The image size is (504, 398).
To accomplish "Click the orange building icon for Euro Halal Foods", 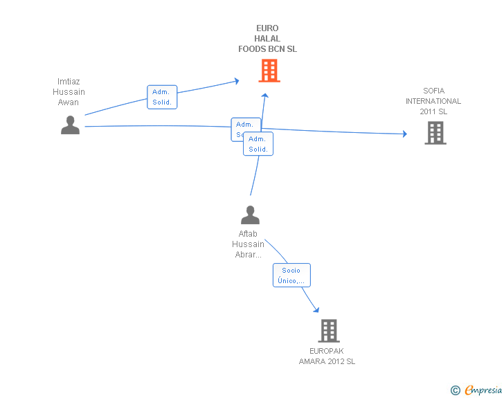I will point(269,71).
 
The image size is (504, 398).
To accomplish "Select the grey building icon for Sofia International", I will point(435,132).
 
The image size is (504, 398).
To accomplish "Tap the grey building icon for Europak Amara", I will point(329,331).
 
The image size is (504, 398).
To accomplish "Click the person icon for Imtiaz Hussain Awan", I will point(70,125).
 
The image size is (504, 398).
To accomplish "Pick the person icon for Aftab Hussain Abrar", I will point(250,215).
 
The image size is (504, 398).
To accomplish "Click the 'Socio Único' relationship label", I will point(291,275).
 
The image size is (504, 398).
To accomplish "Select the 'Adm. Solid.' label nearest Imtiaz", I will point(163,97).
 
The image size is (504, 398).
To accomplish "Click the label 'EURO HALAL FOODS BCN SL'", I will point(267,39).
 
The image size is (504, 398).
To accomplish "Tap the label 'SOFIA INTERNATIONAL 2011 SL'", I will point(433,101).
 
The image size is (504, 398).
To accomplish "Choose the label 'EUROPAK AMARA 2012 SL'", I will point(327,356).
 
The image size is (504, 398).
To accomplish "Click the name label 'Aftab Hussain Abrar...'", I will point(248,244).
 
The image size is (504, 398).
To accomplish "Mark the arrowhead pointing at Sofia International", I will point(404,134).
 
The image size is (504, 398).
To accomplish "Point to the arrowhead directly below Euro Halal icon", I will point(264,96).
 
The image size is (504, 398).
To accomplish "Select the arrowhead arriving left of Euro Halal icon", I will point(236,81).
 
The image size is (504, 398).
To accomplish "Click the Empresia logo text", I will point(483,390).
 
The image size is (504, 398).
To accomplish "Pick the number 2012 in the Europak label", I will point(334,361).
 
